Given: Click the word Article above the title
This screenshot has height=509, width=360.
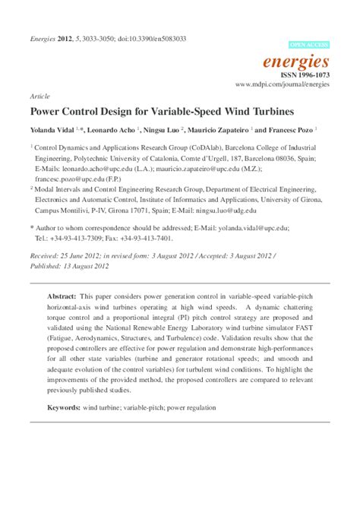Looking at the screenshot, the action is coord(38,97).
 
